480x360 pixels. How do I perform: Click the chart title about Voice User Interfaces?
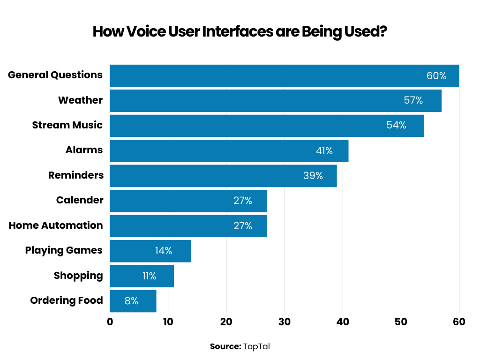pyautogui.click(x=240, y=32)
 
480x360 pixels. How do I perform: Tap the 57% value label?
pyautogui.click(x=413, y=100)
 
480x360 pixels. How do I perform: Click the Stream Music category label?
pyautogui.click(x=67, y=125)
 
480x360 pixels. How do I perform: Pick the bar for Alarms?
pyautogui.click(x=211, y=150)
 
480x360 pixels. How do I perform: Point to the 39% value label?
pyautogui.click(x=313, y=176)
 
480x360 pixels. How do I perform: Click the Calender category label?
pyautogui.click(x=80, y=200)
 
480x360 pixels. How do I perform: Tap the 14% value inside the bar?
pyautogui.click(x=164, y=251)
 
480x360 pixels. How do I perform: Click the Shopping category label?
pyautogui.click(x=78, y=275)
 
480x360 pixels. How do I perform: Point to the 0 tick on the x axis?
pyautogui.click(x=110, y=322)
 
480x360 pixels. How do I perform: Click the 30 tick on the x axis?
pyautogui.click(x=285, y=322)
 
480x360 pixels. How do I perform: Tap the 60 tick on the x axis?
pyautogui.click(x=459, y=322)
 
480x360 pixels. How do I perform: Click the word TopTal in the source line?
pyautogui.click(x=256, y=347)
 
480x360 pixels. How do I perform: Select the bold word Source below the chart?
pyautogui.click(x=225, y=347)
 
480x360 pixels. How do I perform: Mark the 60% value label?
pyautogui.click(x=436, y=75)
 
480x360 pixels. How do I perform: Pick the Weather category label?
pyautogui.click(x=80, y=100)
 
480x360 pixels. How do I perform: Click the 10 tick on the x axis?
pyautogui.click(x=168, y=322)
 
